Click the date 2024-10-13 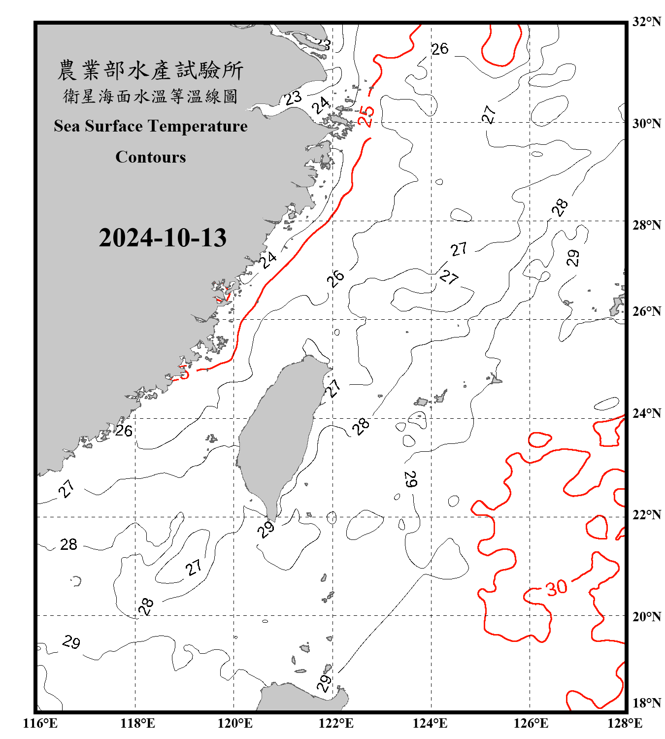163,238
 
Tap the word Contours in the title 151,157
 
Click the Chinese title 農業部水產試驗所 150,70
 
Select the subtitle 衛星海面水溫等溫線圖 150,96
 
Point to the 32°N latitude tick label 646,22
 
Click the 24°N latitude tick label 646,413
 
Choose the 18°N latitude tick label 646,703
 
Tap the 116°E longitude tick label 40,723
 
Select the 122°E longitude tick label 336,723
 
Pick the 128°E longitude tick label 625,723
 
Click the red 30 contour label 557,587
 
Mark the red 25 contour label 366,116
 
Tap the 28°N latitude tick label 646,225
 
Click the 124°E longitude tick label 430,723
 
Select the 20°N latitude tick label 646,616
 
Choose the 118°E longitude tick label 137,723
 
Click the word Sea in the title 67,126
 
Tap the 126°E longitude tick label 531,723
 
